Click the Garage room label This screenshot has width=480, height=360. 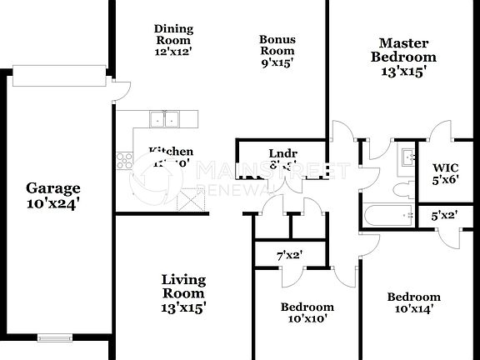52,187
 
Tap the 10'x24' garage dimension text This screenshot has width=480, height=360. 52,202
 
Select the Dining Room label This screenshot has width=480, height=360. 172,34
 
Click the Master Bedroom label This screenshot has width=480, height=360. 403,50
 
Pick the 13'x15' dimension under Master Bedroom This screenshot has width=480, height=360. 403,72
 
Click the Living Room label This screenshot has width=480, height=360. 183,287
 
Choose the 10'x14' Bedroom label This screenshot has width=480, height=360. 413,297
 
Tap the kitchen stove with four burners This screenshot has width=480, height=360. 125,159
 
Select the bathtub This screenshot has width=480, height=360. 388,216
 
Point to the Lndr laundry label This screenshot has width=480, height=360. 278,153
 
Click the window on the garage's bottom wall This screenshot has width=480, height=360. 55,337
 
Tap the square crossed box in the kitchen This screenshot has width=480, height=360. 192,200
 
